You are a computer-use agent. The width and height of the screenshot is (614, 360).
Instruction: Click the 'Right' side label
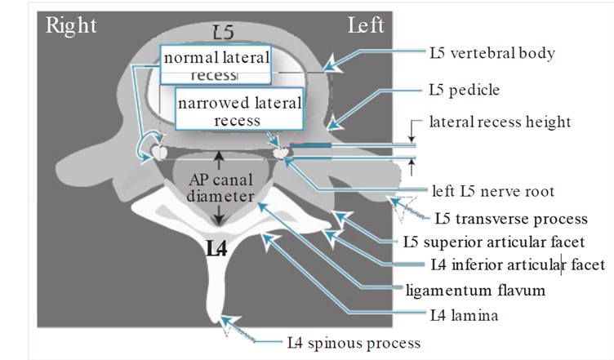[71, 25]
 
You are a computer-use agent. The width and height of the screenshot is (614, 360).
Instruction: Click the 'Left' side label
[365, 25]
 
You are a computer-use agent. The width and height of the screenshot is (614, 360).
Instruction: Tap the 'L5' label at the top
[223, 33]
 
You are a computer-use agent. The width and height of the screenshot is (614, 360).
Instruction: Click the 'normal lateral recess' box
[216, 64]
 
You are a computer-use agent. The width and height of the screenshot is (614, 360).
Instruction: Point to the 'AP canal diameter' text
[218, 188]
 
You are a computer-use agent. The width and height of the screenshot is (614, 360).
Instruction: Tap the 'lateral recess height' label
[500, 122]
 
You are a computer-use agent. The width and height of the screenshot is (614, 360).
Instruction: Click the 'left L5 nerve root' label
[493, 192]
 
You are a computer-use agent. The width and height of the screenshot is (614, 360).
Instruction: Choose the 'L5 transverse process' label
[511, 219]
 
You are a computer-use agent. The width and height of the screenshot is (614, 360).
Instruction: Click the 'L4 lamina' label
[465, 314]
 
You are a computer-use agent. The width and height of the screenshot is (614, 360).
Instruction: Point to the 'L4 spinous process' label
[353, 342]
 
